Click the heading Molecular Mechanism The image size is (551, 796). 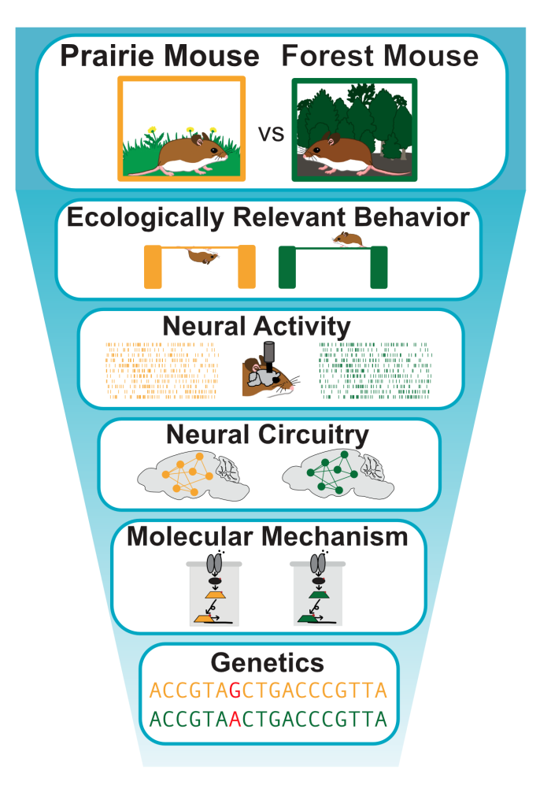pyautogui.click(x=268, y=538)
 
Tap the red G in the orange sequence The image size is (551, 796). pyautogui.click(x=234, y=691)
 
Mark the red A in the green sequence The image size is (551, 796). pyautogui.click(x=235, y=720)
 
